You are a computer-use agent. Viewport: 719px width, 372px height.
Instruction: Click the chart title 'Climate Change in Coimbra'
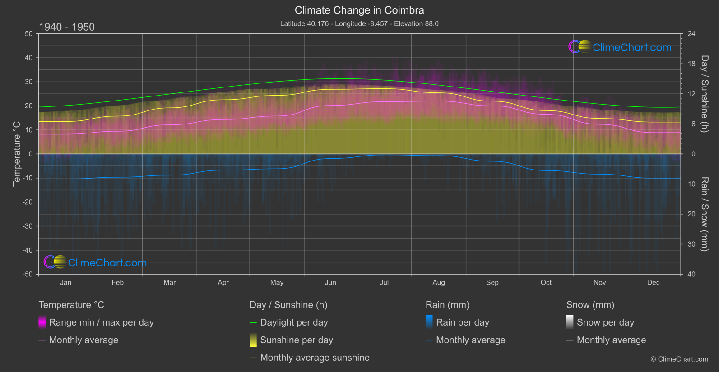pyautogui.click(x=359, y=10)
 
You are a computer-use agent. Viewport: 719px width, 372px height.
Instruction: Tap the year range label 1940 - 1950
pyautogui.click(x=67, y=27)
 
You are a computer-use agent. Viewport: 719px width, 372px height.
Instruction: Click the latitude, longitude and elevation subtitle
pyautogui.click(x=359, y=23)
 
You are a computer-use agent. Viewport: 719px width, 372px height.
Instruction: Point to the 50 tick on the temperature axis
pyautogui.click(x=29, y=34)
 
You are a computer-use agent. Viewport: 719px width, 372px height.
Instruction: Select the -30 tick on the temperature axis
pyautogui.click(x=28, y=226)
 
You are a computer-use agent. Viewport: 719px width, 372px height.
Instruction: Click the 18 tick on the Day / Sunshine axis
pyautogui.click(x=691, y=64)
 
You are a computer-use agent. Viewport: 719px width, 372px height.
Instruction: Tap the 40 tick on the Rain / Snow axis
pyautogui.click(x=691, y=274)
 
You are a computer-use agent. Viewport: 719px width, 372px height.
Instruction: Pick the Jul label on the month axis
pyautogui.click(x=384, y=282)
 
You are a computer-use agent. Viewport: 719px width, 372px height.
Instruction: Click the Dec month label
pyautogui.click(x=653, y=282)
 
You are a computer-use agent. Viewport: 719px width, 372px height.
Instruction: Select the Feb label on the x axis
pyautogui.click(x=117, y=282)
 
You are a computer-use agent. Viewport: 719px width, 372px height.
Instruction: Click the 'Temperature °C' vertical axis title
pyautogui.click(x=17, y=154)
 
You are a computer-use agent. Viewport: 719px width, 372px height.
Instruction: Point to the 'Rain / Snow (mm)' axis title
pyautogui.click(x=704, y=214)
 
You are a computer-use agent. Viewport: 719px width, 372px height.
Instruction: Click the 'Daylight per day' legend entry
pyautogui.click(x=294, y=322)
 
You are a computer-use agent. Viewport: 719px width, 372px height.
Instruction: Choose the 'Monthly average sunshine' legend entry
pyautogui.click(x=315, y=358)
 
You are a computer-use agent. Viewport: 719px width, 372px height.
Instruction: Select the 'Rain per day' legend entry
pyautogui.click(x=462, y=322)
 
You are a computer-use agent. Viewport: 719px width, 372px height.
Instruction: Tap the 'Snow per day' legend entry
pyautogui.click(x=605, y=322)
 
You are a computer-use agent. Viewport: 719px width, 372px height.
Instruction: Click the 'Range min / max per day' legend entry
pyautogui.click(x=101, y=322)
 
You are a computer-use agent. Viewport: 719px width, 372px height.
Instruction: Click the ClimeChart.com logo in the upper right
pyautogui.click(x=620, y=47)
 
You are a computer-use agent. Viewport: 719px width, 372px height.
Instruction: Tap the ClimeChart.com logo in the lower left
pyautogui.click(x=95, y=262)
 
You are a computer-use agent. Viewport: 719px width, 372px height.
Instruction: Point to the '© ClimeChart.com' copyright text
pyautogui.click(x=679, y=359)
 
